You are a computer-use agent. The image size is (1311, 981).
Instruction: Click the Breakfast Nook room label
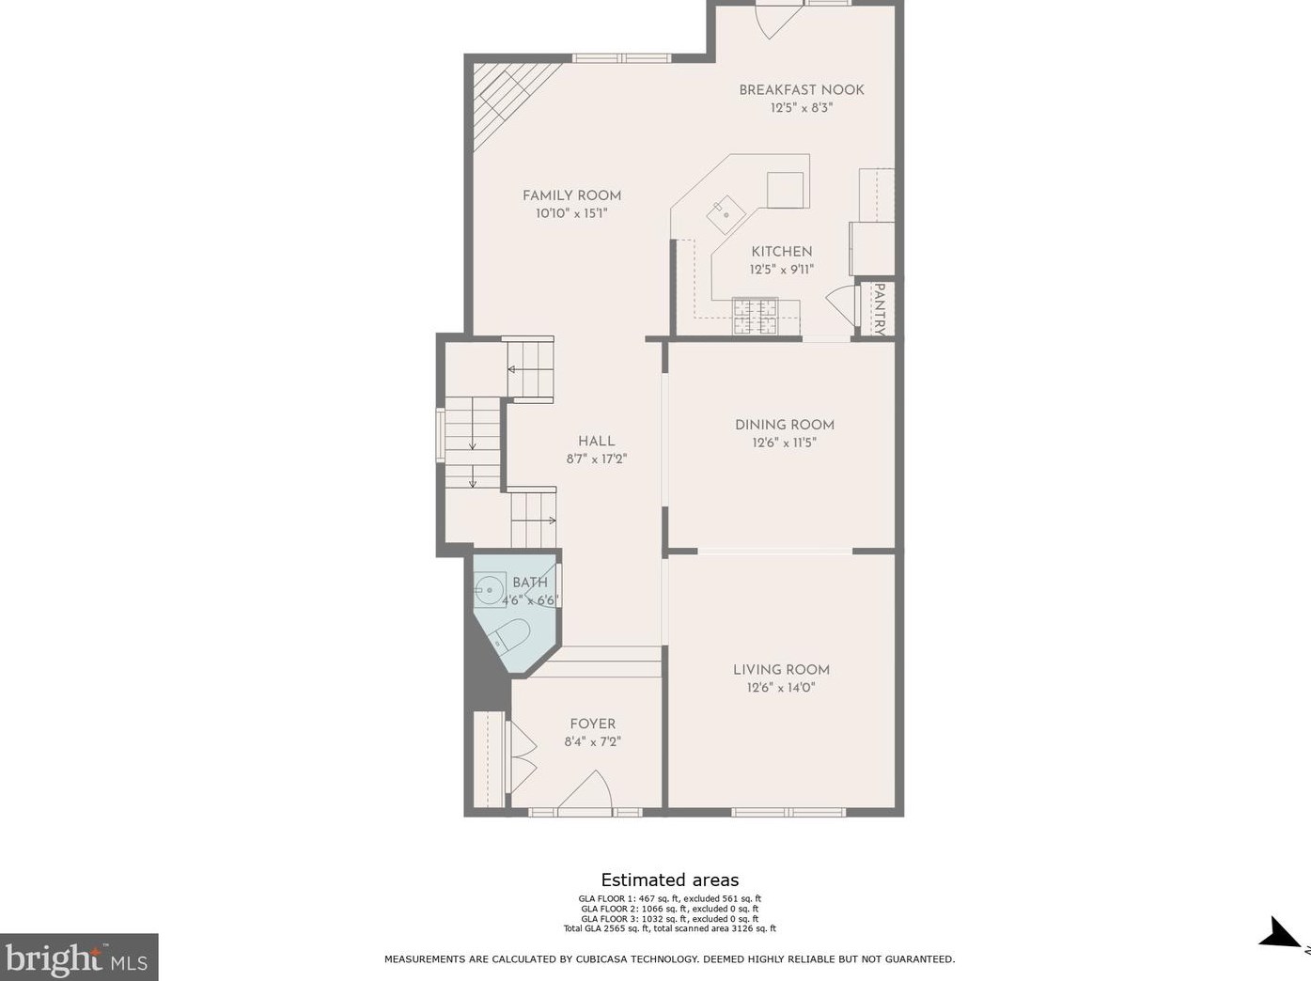click(801, 90)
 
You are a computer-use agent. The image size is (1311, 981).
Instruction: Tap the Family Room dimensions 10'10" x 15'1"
click(571, 213)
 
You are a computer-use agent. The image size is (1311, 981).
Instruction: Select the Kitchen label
click(781, 252)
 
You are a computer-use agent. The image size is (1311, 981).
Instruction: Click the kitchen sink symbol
click(726, 214)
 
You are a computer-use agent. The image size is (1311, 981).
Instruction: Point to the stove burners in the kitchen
click(756, 316)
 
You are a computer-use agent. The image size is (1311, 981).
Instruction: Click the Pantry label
click(879, 309)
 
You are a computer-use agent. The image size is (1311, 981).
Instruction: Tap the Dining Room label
click(784, 425)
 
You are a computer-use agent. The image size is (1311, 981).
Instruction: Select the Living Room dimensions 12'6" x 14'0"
click(781, 687)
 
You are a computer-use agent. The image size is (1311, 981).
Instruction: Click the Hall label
click(596, 441)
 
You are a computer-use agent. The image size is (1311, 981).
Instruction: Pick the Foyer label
click(592, 724)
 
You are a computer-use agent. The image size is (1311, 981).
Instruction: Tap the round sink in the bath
click(490, 590)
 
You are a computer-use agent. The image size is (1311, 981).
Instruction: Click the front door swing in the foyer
click(585, 790)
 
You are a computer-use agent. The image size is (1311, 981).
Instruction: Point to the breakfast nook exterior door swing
click(778, 22)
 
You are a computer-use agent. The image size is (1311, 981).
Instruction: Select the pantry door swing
click(841, 304)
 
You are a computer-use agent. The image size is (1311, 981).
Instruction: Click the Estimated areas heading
click(669, 880)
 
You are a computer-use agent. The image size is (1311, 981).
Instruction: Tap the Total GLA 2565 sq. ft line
click(669, 928)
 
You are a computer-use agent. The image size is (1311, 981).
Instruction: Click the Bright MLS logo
click(78, 958)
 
